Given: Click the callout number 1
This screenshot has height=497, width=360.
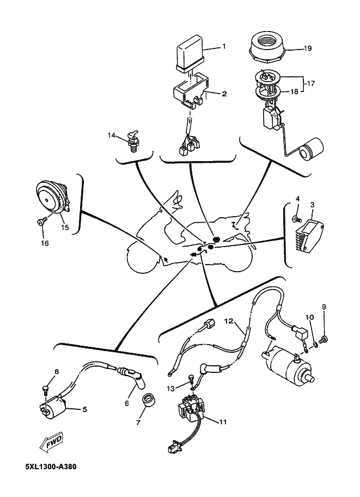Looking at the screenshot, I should tap(223, 47).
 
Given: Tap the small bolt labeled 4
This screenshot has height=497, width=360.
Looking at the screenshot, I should tap(295, 218).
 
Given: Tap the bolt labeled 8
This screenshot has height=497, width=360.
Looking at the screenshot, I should tap(45, 389).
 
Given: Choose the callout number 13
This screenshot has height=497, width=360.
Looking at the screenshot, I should tap(170, 388).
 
